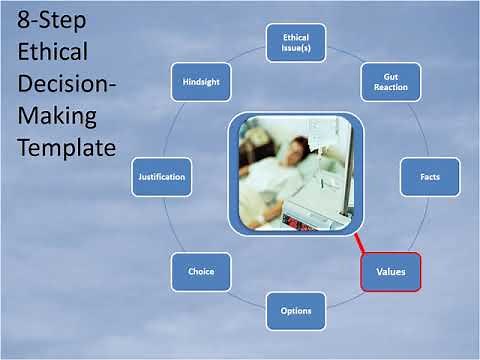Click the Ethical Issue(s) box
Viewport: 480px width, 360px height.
[296, 44]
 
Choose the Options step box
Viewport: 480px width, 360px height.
[296, 310]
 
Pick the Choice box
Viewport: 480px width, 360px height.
[201, 271]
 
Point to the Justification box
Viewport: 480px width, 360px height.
[188, 177]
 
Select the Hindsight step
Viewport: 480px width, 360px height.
[201, 81]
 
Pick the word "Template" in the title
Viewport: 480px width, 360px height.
[66, 148]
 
